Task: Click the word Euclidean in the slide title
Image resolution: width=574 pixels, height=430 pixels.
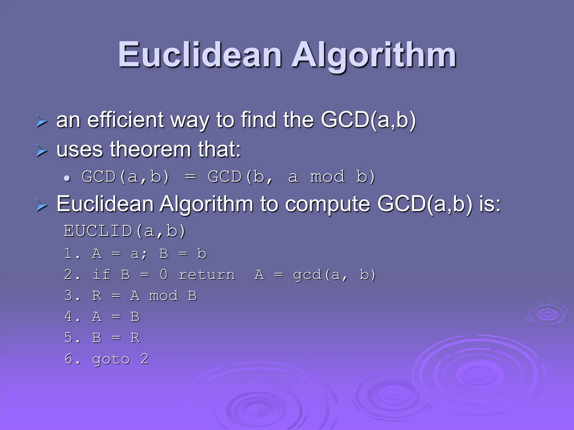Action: coord(200,55)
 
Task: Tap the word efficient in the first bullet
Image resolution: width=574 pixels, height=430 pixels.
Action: coord(125,120)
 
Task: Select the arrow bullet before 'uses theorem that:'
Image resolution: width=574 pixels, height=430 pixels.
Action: coord(42,150)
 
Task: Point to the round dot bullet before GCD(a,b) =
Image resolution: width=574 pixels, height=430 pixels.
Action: coord(67,178)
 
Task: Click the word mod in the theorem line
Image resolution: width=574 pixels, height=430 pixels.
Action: coord(327,177)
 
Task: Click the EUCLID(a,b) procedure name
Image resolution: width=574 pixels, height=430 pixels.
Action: coord(124,231)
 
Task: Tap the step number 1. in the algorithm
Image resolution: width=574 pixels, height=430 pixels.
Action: coord(72,254)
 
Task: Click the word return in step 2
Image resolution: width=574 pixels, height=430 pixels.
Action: coord(207,275)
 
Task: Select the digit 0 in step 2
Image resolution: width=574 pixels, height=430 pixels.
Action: coord(164,274)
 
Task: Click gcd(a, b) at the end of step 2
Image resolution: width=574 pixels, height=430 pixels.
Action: coord(334,275)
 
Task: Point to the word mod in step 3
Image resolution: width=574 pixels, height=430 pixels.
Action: coord(163,296)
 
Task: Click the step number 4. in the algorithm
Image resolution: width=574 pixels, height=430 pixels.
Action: coord(72,317)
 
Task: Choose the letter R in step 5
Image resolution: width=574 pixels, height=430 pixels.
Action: coord(135,338)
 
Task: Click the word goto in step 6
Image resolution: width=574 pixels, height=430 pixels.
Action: coord(111,359)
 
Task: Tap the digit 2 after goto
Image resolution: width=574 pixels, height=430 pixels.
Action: coord(144,359)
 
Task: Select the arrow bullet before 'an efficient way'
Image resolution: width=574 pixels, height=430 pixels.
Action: coord(42,121)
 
